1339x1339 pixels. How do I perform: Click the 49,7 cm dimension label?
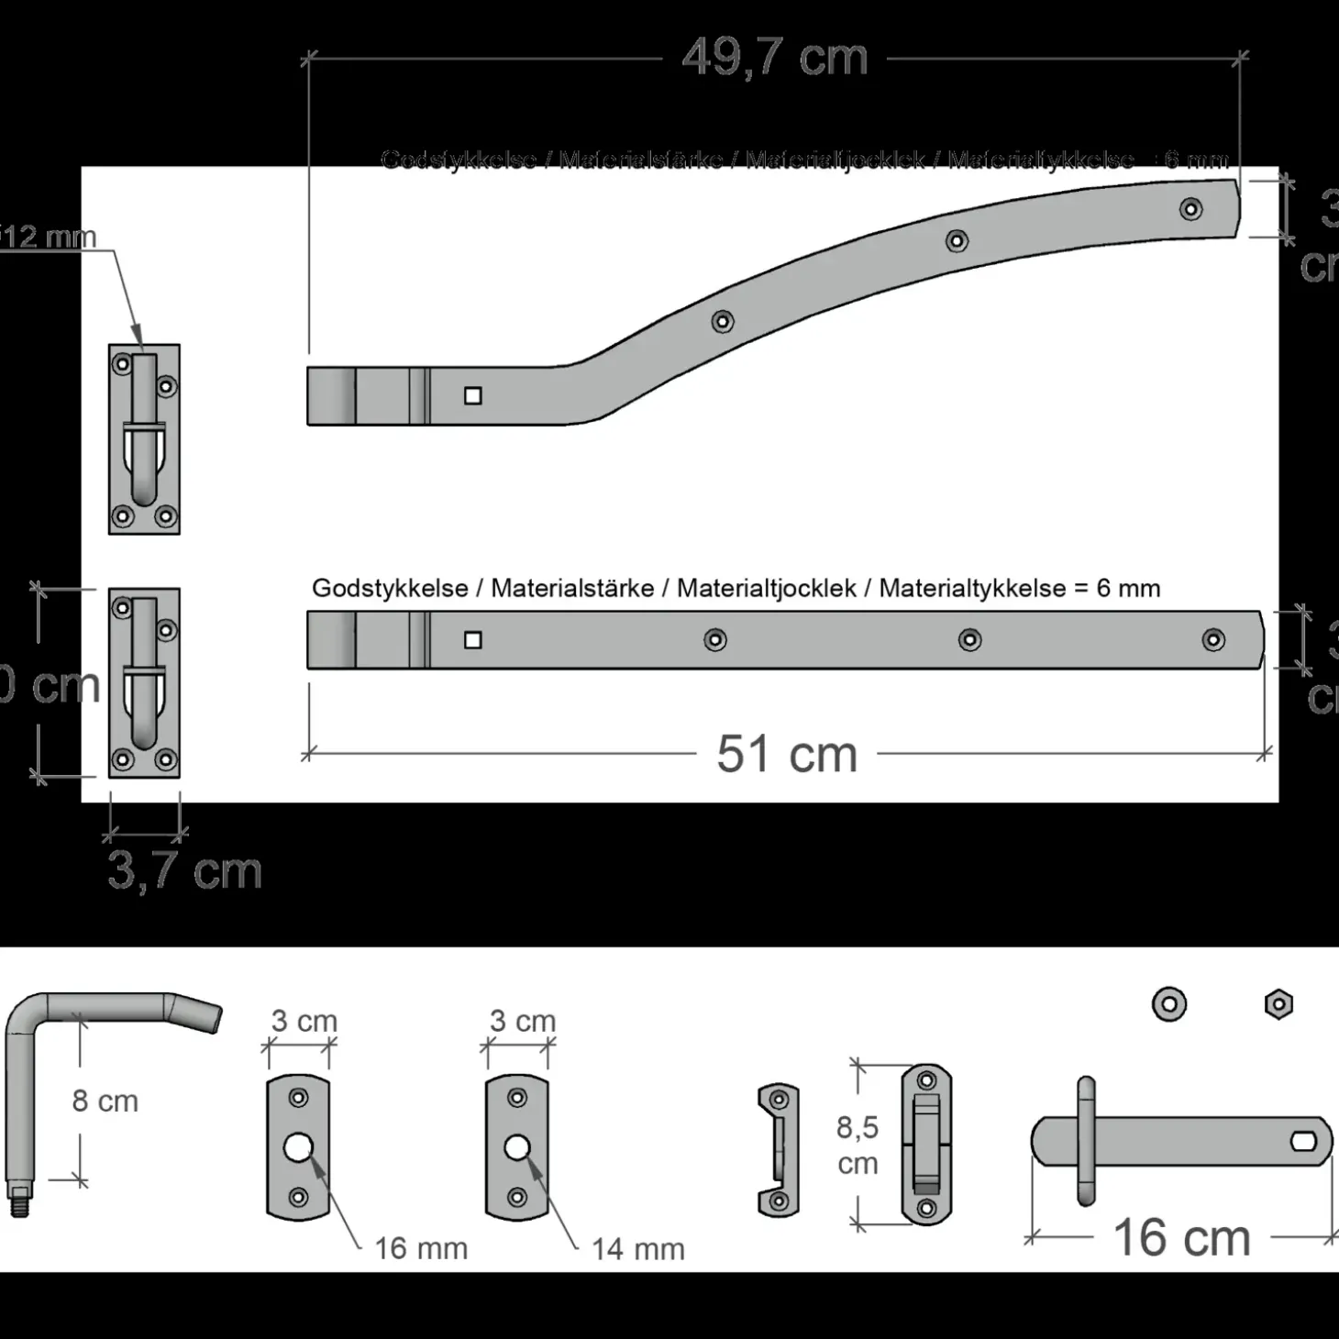(x=775, y=58)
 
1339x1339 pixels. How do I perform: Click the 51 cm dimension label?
(x=787, y=754)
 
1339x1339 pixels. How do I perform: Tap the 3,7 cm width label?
(x=184, y=870)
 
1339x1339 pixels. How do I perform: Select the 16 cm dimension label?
(x=1181, y=1237)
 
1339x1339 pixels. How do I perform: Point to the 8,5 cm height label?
(x=857, y=1145)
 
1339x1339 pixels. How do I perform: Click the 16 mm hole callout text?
(x=421, y=1248)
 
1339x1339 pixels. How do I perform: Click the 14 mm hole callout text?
(x=638, y=1248)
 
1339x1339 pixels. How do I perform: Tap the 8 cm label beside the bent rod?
(x=105, y=1101)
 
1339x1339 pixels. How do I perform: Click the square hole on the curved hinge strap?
(x=473, y=396)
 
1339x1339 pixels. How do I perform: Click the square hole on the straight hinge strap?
(x=473, y=640)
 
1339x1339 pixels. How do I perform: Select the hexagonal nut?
(x=1278, y=1004)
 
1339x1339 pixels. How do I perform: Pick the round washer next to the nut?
(x=1169, y=1004)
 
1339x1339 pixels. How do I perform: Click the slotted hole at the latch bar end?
(x=1303, y=1142)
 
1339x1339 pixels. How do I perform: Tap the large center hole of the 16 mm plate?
(x=298, y=1147)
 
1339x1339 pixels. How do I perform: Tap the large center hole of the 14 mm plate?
(x=517, y=1147)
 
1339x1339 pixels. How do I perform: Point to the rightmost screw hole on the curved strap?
(x=1190, y=209)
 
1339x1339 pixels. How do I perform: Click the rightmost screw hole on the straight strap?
(x=1213, y=640)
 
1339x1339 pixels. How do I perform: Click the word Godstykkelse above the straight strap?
(x=390, y=588)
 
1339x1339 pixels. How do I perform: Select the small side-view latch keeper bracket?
(x=778, y=1150)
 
